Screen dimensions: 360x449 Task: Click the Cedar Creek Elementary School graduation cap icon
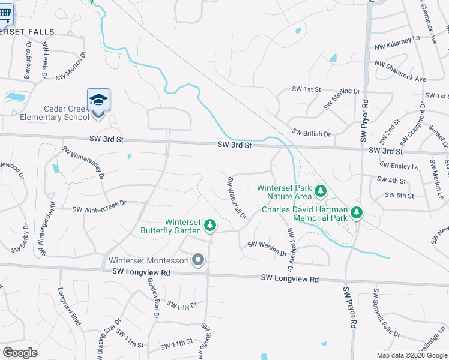[98, 100]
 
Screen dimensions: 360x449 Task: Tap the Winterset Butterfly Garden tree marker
[209, 225]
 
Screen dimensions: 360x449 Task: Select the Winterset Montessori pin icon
[199, 260]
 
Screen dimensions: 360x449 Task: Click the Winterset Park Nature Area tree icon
[321, 191]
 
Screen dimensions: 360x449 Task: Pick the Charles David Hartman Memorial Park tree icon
[357, 212]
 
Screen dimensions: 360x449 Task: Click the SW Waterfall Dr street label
[237, 197]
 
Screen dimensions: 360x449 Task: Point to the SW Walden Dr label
[267, 248]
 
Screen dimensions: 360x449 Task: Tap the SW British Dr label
[311, 133]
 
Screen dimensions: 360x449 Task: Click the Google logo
[20, 353]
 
